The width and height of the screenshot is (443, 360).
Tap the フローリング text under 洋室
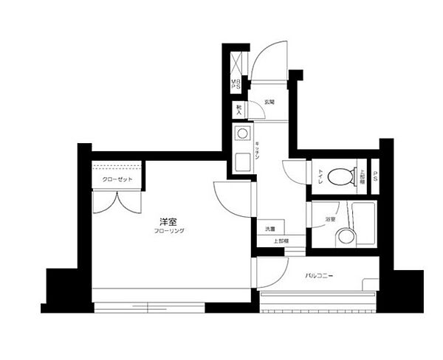tap(169, 231)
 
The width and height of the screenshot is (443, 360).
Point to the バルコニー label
tap(320, 277)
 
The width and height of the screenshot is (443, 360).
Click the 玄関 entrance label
tap(270, 102)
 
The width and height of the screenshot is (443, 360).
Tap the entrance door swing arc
tap(267, 63)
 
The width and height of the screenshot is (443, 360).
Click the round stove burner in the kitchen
tap(241, 134)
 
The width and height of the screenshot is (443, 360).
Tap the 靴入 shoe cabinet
tap(238, 110)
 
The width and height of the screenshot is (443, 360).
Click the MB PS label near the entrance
tap(236, 86)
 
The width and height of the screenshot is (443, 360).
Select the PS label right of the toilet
tap(376, 176)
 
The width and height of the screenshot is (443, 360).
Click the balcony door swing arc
tap(271, 272)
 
